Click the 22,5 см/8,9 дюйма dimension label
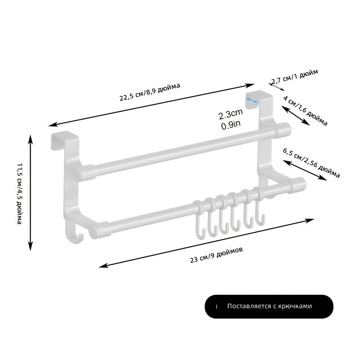coord(150,92)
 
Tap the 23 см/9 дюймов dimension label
coord(216,255)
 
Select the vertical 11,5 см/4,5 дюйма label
coord(20,194)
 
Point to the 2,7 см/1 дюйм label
coord(295,76)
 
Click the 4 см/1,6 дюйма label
coord(306,111)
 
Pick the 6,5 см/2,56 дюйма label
coord(311,163)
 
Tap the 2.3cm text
coord(230,114)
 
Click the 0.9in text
coord(231,125)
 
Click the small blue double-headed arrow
coord(252,100)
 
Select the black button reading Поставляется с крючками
coord(269,306)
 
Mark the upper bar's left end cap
coord(79,175)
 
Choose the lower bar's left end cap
coord(94,232)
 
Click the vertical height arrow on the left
coord(31,193)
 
